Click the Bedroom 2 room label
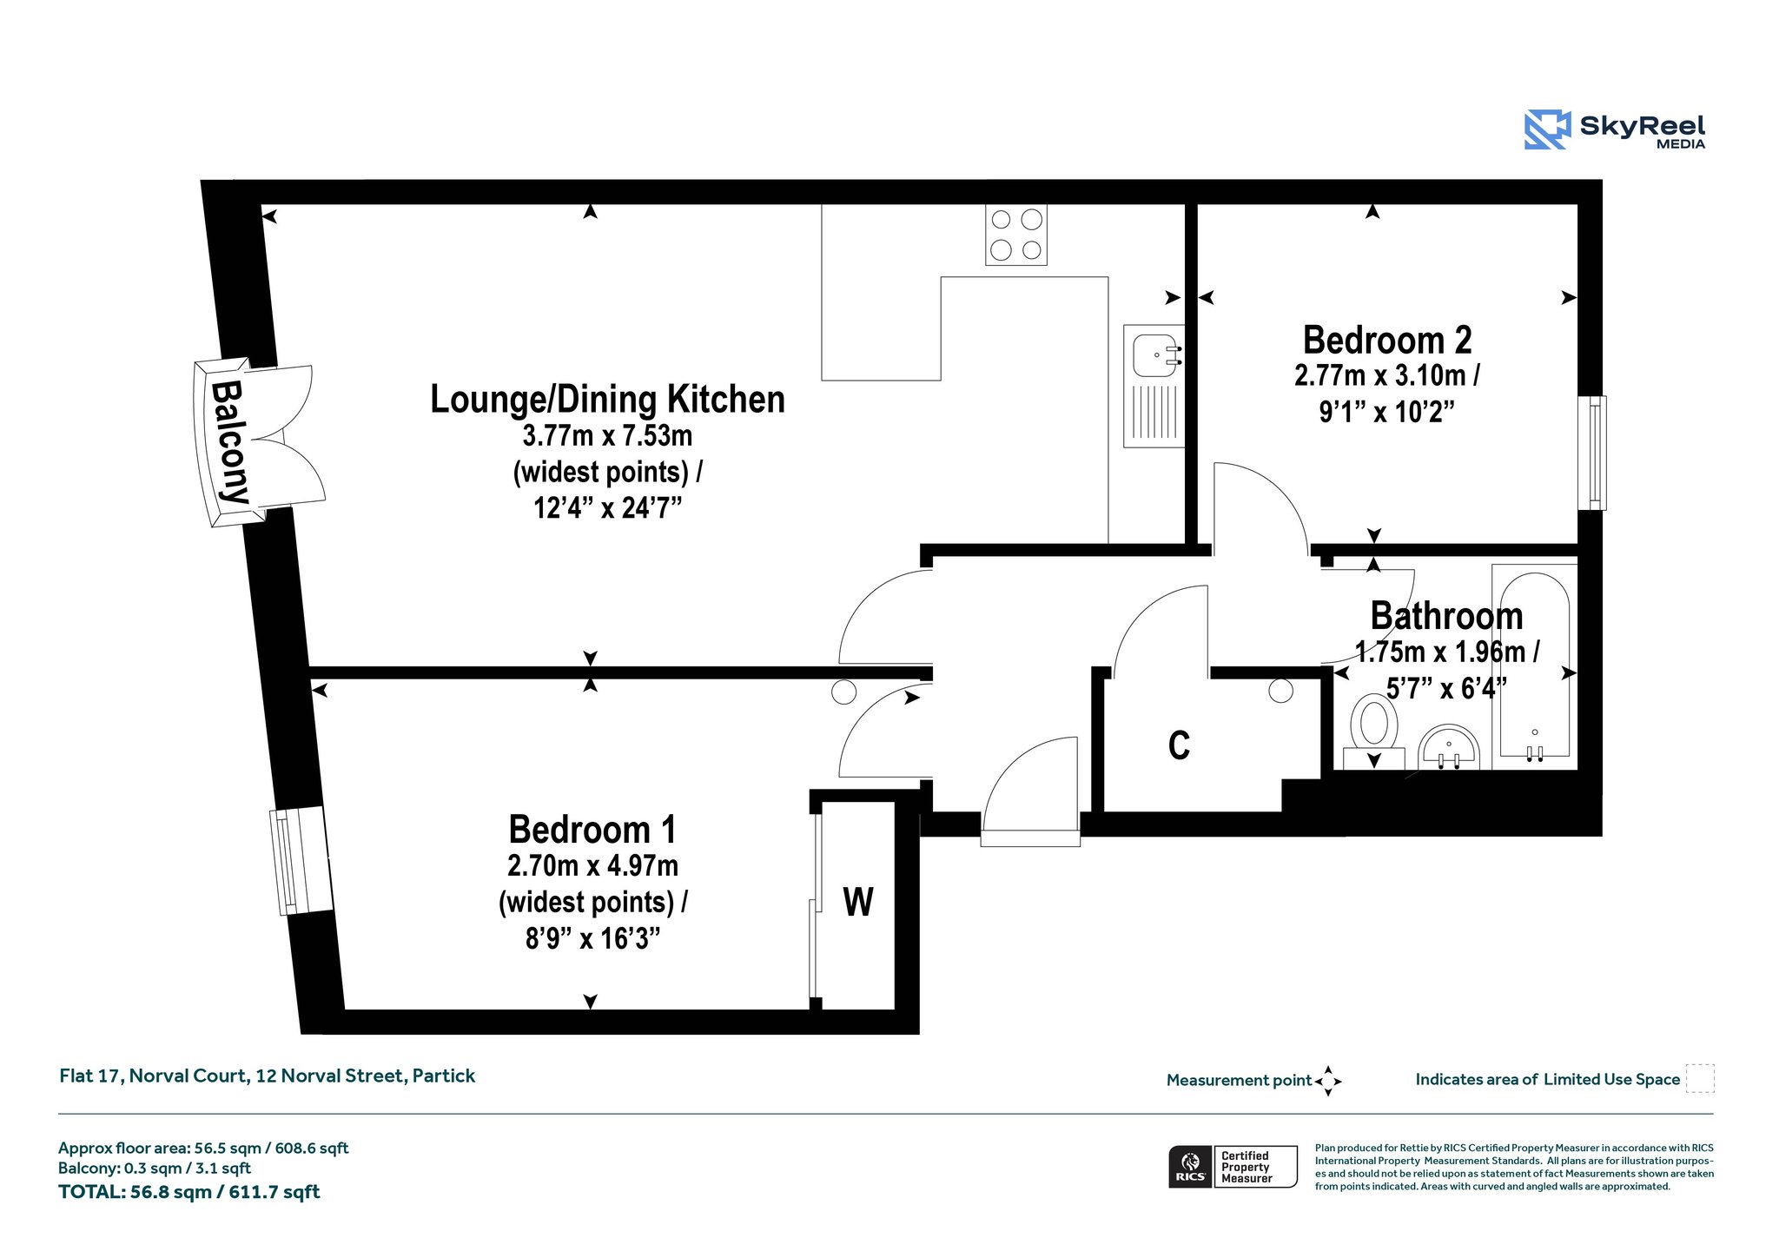(1387, 340)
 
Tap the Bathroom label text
(1446, 616)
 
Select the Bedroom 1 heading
(592, 830)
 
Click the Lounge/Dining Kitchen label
(607, 400)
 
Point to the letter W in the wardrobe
(858, 902)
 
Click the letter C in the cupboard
(1179, 745)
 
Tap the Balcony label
(230, 442)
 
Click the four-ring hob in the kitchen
(1016, 235)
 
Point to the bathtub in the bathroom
(1535, 667)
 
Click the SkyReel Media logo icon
(1547, 129)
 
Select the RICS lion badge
(1190, 1166)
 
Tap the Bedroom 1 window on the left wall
(301, 861)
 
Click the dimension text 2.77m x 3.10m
(1387, 375)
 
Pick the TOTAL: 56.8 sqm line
(189, 1192)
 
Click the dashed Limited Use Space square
(1700, 1078)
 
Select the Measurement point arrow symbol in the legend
(1328, 1081)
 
